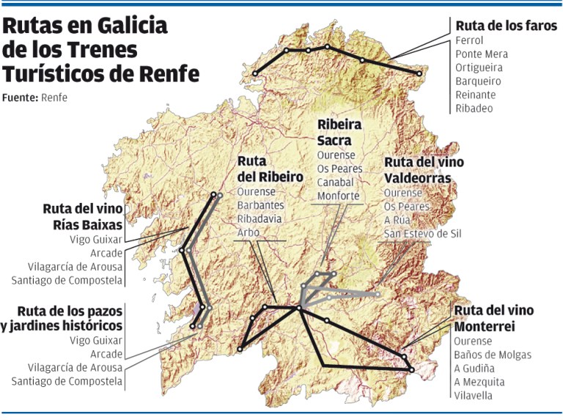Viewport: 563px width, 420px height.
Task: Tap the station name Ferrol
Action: tap(468, 40)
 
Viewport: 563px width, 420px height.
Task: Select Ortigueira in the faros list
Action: tap(479, 67)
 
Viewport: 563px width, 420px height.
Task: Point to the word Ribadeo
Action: tap(474, 108)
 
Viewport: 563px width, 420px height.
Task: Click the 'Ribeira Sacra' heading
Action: tap(341, 133)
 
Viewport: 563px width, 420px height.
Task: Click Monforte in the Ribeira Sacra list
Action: tap(339, 196)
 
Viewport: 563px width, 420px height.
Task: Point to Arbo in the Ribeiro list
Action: tap(249, 232)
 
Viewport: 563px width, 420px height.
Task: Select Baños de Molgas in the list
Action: tap(493, 355)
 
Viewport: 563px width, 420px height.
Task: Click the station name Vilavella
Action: tap(474, 396)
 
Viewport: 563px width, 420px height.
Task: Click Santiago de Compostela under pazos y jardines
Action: tap(67, 380)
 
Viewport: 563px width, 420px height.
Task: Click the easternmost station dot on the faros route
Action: tap(419, 74)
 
